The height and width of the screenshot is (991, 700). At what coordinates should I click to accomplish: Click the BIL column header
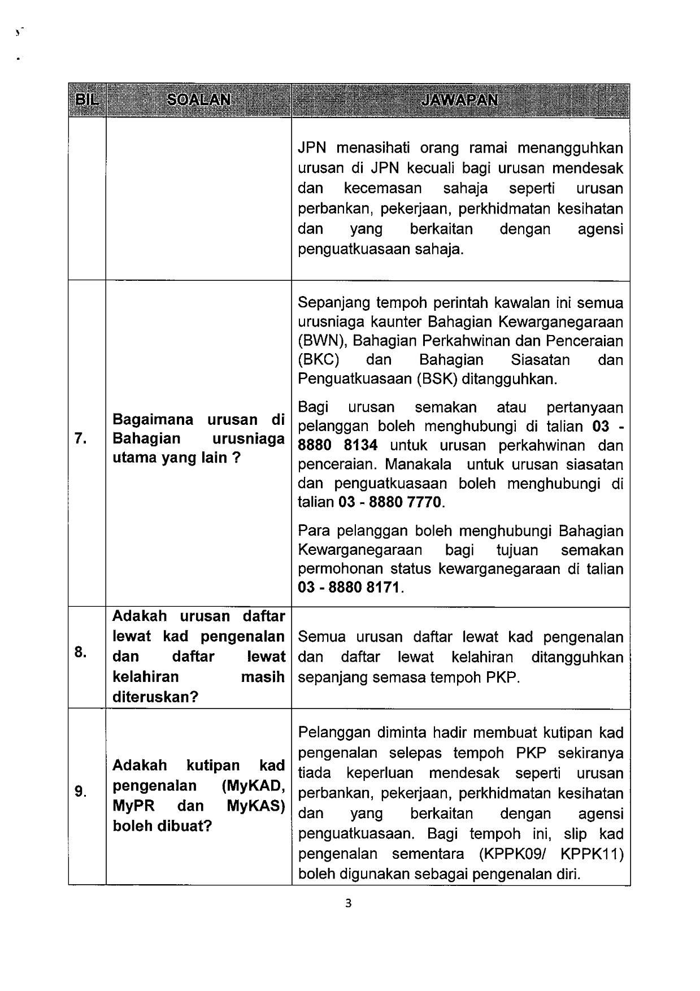tap(86, 100)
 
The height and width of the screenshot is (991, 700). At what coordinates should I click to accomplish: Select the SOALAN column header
tap(198, 100)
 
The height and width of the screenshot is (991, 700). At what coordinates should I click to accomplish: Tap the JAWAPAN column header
tap(460, 100)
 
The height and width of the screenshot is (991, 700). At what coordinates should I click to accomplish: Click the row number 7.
tap(80, 438)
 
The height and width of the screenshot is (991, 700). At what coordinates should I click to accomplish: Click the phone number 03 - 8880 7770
tap(391, 502)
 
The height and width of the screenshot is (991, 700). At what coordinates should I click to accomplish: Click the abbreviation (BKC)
tap(318, 360)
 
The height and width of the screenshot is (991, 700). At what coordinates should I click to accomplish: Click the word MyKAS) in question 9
tap(255, 806)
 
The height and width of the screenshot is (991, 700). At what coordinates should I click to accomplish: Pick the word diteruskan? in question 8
tap(155, 697)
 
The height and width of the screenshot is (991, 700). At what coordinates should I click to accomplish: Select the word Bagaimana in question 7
tap(153, 419)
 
